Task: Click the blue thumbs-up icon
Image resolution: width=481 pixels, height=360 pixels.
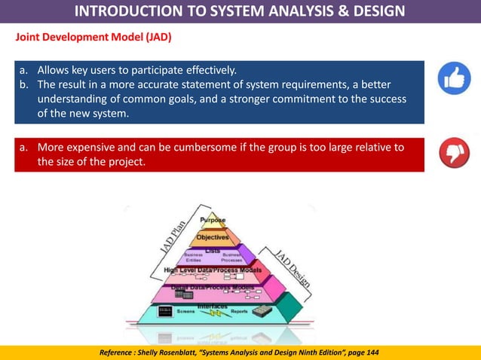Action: pos(455,78)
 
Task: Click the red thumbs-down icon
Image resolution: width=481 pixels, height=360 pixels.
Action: pos(455,154)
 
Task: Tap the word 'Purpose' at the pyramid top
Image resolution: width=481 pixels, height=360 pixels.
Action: pos(213,220)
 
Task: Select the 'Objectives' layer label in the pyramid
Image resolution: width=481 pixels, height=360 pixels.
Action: pos(213,237)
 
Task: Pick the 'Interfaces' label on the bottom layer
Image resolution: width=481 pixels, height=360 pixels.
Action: pos(213,306)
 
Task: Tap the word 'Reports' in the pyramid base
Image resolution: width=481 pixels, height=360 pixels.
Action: pos(239,311)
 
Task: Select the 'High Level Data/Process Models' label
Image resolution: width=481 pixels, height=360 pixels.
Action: pos(213,270)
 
